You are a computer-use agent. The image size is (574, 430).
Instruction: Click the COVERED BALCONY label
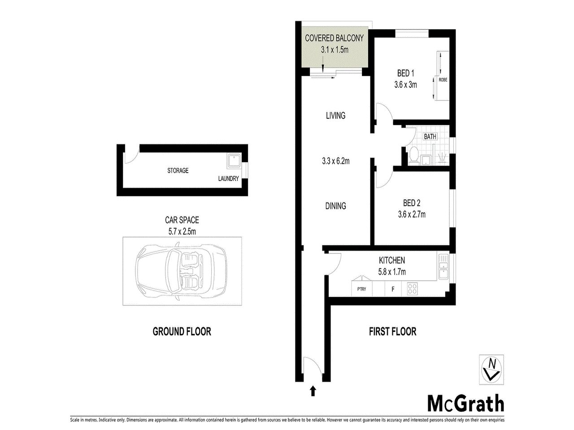pyautogui.click(x=334, y=39)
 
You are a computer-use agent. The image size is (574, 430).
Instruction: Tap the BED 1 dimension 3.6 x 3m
pyautogui.click(x=405, y=84)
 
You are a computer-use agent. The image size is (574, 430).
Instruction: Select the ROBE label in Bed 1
pyautogui.click(x=443, y=80)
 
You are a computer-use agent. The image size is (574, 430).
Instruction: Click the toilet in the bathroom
pyautogui.click(x=414, y=156)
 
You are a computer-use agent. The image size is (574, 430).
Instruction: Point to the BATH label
pyautogui.click(x=430, y=137)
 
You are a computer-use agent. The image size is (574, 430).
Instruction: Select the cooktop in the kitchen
pyautogui.click(x=412, y=289)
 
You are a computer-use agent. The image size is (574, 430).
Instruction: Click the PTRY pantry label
pyautogui.click(x=361, y=289)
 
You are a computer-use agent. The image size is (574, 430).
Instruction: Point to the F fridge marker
pyautogui.click(x=393, y=289)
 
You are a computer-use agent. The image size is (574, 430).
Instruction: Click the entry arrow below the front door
pyautogui.click(x=313, y=391)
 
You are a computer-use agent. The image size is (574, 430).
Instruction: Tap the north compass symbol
pyautogui.click(x=491, y=369)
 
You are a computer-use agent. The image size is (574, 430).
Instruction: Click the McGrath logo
pyautogui.click(x=465, y=404)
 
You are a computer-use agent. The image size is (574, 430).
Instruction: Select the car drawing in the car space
pyautogui.click(x=183, y=271)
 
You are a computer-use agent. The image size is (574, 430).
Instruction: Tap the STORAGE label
pyautogui.click(x=178, y=171)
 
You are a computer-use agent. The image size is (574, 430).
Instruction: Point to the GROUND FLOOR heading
pyautogui.click(x=182, y=332)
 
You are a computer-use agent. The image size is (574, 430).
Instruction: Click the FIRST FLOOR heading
pyautogui.click(x=392, y=332)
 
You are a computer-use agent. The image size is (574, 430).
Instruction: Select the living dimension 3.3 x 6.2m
pyautogui.click(x=335, y=161)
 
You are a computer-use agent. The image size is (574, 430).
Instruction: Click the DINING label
pyautogui.click(x=335, y=206)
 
